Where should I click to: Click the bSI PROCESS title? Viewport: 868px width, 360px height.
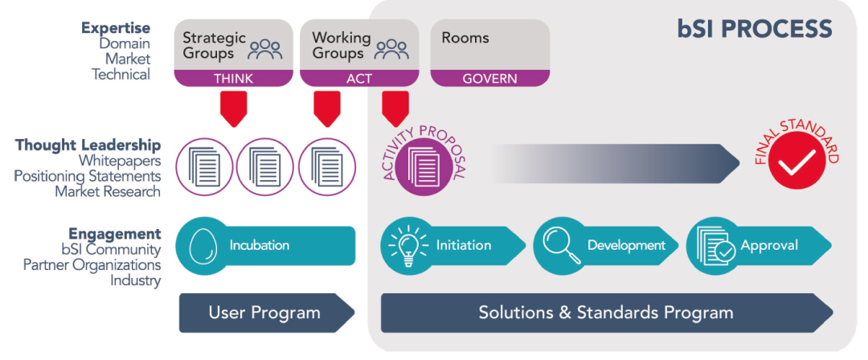tap(754, 30)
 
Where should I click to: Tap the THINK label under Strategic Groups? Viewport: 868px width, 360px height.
tap(233, 79)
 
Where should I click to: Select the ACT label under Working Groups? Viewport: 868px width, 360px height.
tap(358, 79)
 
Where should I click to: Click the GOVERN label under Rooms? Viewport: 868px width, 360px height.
tap(490, 79)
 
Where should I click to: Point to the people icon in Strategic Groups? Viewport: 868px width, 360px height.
tap(265, 50)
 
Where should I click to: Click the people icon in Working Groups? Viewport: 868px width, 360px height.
tap(391, 50)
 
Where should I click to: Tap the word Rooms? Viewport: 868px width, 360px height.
tap(465, 38)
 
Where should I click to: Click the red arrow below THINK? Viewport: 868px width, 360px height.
tap(233, 108)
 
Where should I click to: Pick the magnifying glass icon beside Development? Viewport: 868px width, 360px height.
tap(559, 244)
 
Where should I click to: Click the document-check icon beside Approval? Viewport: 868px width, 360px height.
tap(712, 245)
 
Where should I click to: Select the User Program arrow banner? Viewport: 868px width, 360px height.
tap(265, 313)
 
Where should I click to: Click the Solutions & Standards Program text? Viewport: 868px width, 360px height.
tap(606, 313)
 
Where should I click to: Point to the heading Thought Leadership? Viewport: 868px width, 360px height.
tap(88, 145)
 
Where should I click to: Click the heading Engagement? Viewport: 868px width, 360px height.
tap(115, 234)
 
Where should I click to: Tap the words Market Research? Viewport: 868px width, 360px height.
tap(108, 191)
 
